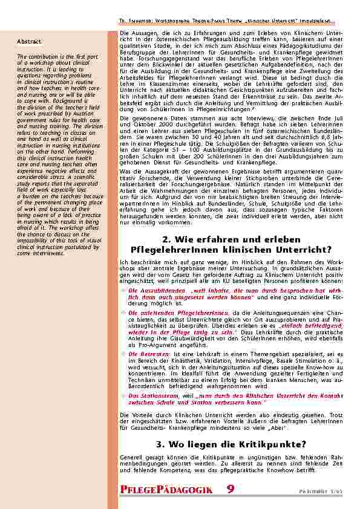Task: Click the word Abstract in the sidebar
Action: pyautogui.click(x=29, y=42)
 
